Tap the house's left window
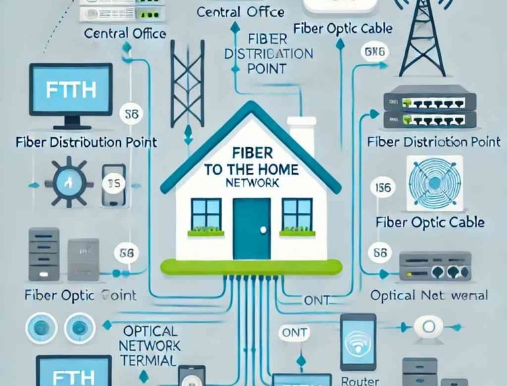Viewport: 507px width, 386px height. pos(206,215)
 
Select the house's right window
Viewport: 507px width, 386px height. pos(297,215)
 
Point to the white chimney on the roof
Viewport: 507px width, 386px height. pos(302,139)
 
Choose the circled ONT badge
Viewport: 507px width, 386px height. pos(293,332)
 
